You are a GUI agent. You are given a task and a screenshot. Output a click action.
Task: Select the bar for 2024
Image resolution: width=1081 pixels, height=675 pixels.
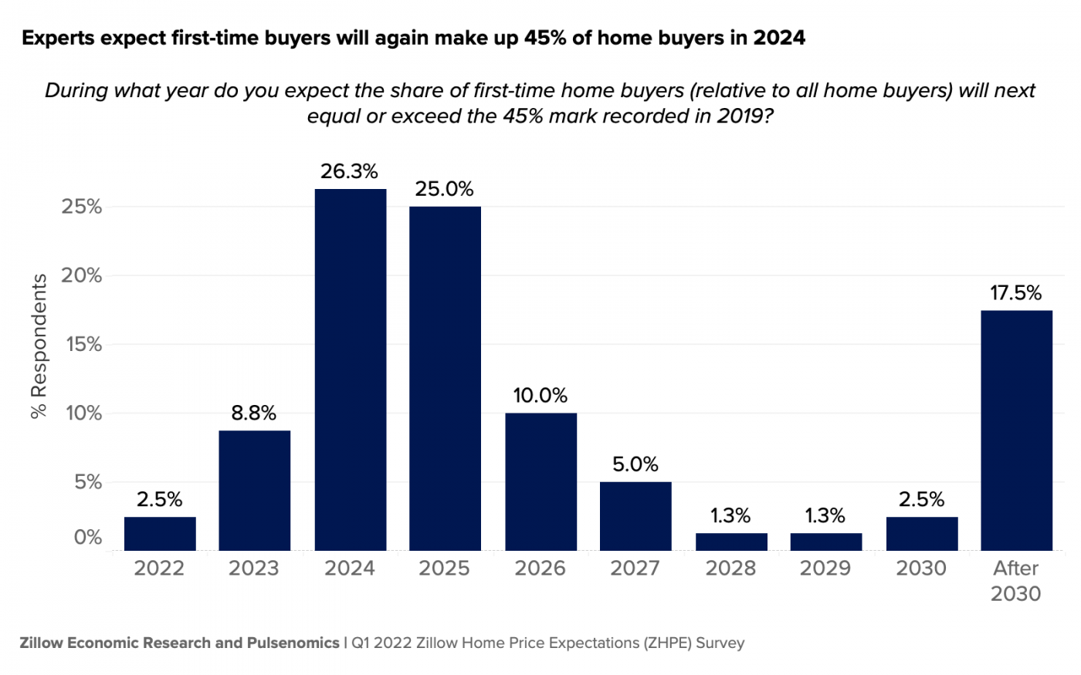point(350,370)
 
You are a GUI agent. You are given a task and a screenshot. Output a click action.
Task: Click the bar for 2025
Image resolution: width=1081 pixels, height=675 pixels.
point(445,378)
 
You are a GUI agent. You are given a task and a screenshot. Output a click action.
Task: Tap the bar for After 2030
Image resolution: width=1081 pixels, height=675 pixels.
point(1016,430)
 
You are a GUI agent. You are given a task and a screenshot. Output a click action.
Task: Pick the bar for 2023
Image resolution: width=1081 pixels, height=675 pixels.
point(254,491)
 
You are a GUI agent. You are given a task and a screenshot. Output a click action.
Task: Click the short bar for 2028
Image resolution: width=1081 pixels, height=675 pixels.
point(731,542)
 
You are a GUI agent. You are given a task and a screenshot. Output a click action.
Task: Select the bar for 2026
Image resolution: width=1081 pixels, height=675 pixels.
point(540,482)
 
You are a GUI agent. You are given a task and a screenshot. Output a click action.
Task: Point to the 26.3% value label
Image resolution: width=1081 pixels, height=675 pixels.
point(349,171)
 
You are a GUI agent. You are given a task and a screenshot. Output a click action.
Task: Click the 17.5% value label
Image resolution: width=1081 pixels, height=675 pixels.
point(1015,293)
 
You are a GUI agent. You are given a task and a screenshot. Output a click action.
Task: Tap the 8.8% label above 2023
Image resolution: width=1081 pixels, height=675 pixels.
point(253,413)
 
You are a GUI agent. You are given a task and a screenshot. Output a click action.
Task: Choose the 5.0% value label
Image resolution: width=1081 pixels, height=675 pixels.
point(635,464)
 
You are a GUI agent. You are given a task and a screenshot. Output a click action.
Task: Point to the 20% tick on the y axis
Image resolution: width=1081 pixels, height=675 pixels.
point(82,275)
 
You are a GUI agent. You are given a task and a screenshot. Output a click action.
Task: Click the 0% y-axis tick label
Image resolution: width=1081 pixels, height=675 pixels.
point(87,538)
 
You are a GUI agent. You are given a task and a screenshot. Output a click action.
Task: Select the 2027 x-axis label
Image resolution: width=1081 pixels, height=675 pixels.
point(635,569)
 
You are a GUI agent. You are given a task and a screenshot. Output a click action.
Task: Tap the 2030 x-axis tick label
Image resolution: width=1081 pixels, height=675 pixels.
point(921,569)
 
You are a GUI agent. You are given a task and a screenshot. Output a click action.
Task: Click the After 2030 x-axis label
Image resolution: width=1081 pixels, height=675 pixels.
point(1015,581)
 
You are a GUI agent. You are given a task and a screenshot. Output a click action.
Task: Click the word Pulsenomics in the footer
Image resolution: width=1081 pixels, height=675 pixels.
point(293,643)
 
